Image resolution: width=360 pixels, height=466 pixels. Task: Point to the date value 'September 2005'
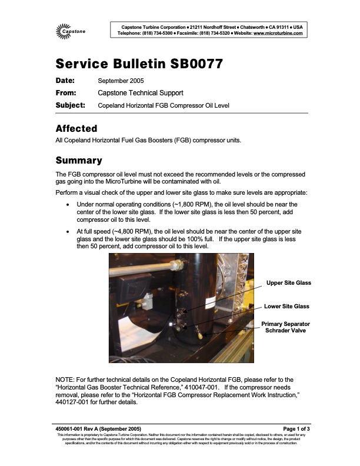120,81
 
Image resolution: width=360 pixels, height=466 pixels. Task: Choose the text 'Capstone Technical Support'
140,93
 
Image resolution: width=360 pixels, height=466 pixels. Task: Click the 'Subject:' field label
70,105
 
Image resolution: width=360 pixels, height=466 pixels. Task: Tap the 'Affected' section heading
76,128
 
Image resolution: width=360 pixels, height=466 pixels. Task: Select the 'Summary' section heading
79,161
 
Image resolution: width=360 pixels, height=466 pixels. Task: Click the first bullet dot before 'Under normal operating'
70,204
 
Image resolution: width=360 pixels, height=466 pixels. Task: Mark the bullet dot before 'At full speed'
70,232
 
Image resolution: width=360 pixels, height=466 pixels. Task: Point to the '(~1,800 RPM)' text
179,204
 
